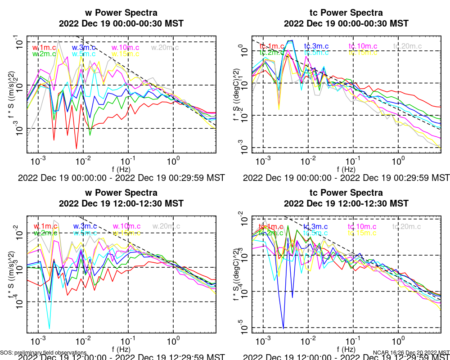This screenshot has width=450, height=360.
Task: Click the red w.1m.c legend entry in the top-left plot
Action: pyautogui.click(x=44, y=47)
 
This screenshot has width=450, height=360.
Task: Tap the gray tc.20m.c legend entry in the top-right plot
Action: pyautogui.click(x=407, y=46)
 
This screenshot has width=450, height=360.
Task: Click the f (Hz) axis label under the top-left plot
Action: pyautogui.click(x=121, y=169)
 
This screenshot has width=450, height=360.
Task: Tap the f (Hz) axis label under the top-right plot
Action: pyautogui.click(x=346, y=169)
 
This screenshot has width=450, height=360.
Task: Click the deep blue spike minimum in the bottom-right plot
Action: pyautogui.click(x=283, y=328)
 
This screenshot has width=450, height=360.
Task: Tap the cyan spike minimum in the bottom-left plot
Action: pyautogui.click(x=49, y=328)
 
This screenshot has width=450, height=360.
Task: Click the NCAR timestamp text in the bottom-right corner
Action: pyautogui.click(x=411, y=352)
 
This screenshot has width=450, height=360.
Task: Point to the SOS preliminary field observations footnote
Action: pyautogui.click(x=43, y=352)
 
